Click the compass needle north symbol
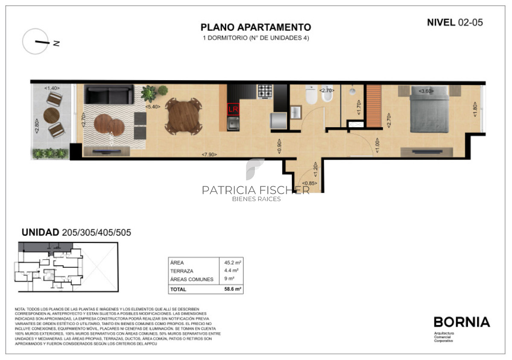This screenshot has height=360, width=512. pyautogui.click(x=42, y=42)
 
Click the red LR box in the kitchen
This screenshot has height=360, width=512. pyautogui.click(x=233, y=109)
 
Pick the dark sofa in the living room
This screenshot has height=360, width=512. pyautogui.click(x=109, y=94)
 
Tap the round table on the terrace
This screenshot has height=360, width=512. pyautogui.click(x=52, y=115)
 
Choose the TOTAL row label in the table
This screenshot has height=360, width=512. pyautogui.click(x=178, y=289)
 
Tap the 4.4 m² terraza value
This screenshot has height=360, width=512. pyautogui.click(x=232, y=271)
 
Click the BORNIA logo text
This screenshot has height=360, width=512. pyautogui.click(x=462, y=322)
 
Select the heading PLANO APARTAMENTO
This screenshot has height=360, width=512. pyautogui.click(x=256, y=28)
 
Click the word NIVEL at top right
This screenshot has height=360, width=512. pyautogui.click(x=441, y=23)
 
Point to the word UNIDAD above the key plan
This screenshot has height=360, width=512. pyautogui.click(x=40, y=233)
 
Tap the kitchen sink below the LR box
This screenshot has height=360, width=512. pyautogui.click(x=233, y=124)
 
